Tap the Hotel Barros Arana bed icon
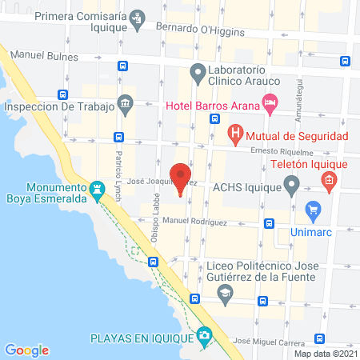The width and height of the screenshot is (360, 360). click(270, 102)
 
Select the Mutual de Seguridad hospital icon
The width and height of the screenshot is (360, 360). click(235, 134)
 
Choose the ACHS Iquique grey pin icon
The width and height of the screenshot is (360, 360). click(291, 188)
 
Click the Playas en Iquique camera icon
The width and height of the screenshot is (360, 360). click(206, 336)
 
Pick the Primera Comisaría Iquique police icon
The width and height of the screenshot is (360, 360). click(137, 16)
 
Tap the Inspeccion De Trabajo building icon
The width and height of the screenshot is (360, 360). click(125, 102)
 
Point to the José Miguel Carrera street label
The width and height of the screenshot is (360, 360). click(269, 340)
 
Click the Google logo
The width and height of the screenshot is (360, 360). click(27, 350)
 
